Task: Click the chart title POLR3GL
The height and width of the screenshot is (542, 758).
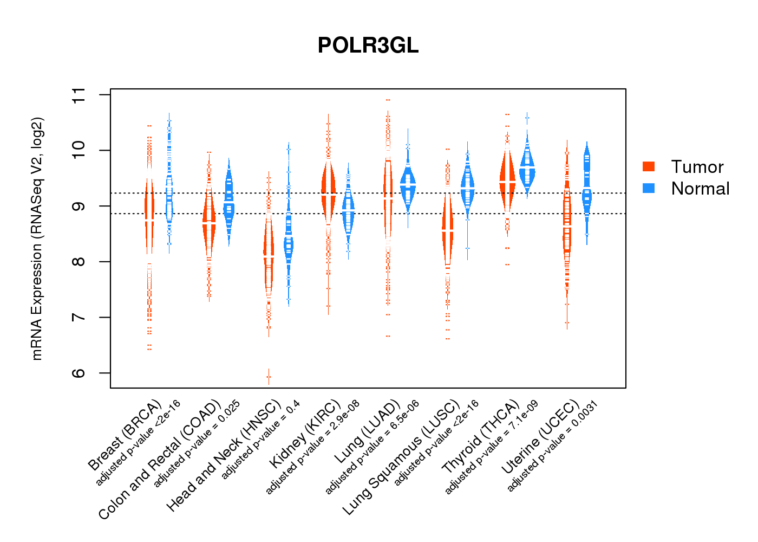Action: (x=368, y=46)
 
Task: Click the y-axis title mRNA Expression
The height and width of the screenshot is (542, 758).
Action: (x=37, y=238)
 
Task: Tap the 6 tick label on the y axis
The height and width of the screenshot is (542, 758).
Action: (x=79, y=373)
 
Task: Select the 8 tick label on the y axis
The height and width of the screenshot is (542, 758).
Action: (x=79, y=262)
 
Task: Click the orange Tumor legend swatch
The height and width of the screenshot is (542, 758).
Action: (x=649, y=166)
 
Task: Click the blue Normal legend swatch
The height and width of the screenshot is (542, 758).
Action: (x=649, y=188)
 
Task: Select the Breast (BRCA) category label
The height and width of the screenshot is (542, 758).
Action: (x=126, y=435)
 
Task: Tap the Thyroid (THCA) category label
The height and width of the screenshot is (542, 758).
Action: (x=481, y=438)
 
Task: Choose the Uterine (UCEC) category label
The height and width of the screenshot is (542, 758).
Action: (x=541, y=438)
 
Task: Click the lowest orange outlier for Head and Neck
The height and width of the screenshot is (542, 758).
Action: (x=269, y=377)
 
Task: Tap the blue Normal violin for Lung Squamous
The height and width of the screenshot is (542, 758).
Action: (x=467, y=187)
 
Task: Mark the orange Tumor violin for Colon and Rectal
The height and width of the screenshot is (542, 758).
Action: (x=209, y=222)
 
